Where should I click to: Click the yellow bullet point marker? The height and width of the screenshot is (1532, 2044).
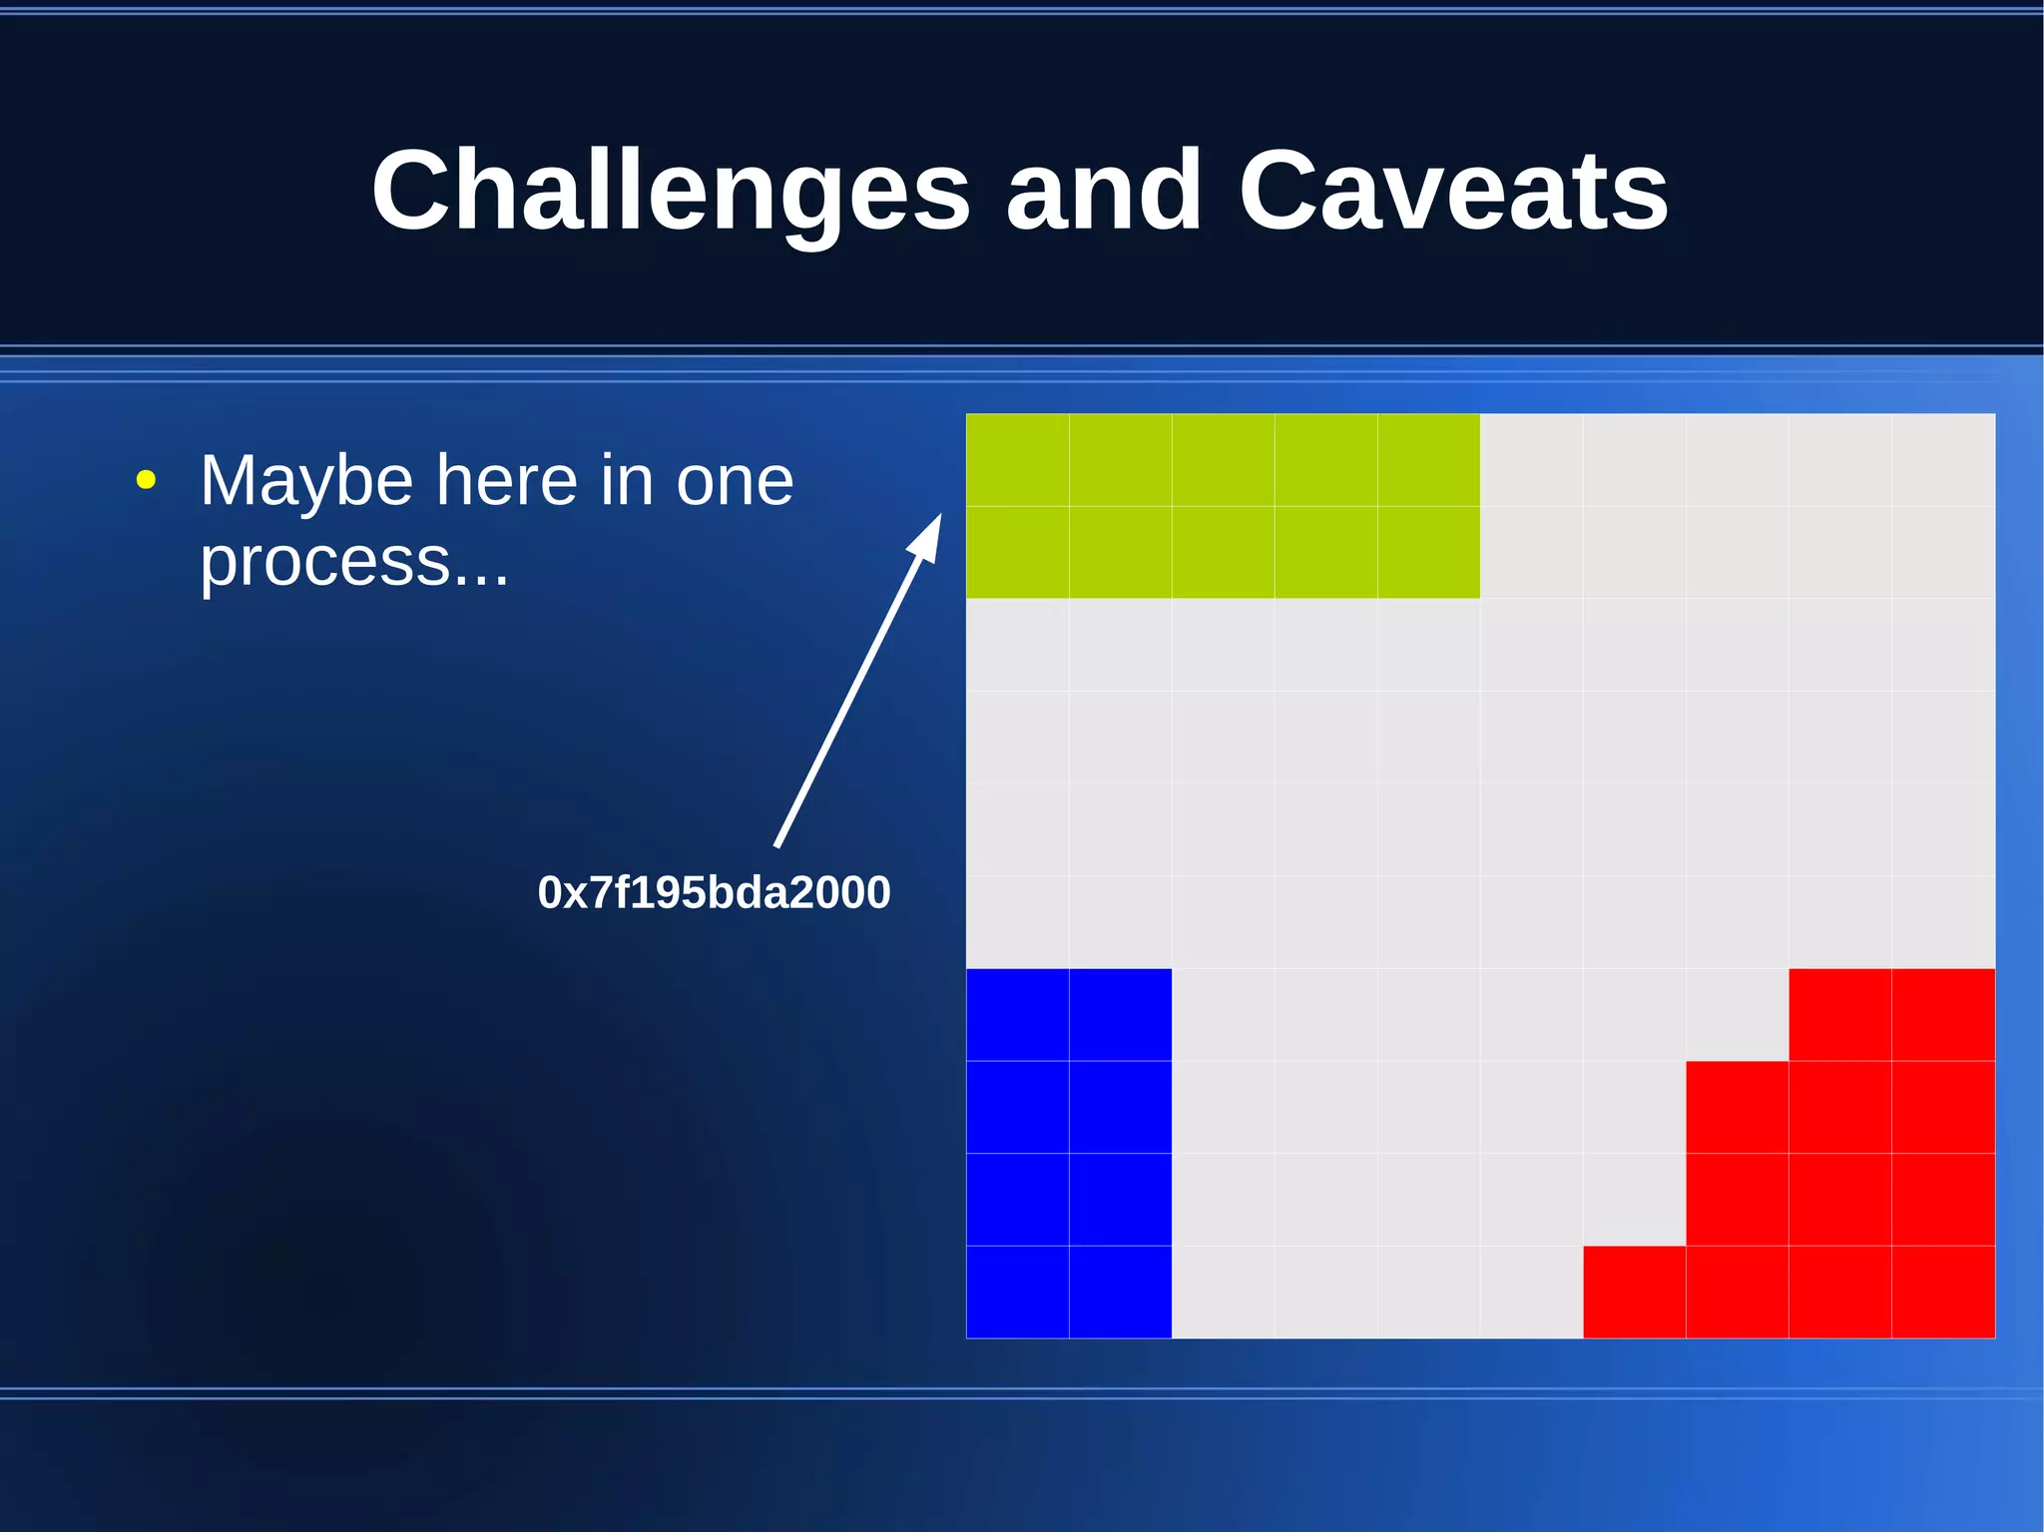tap(146, 481)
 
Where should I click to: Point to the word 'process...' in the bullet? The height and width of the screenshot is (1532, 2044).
tap(354, 561)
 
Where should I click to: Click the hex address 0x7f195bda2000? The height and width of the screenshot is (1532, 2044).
tap(714, 892)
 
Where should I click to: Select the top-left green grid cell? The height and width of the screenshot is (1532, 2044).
tap(1017, 459)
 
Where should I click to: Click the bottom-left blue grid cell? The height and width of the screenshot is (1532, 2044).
tap(1017, 1291)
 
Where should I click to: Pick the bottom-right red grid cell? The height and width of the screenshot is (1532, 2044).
tap(1943, 1291)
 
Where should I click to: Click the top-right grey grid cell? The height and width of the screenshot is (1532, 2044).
tap(1943, 459)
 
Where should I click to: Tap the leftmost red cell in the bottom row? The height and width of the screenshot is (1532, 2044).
tap(1634, 1291)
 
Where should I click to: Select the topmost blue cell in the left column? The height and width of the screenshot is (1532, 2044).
tap(1017, 1014)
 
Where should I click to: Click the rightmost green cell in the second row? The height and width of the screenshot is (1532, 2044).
tap(1428, 552)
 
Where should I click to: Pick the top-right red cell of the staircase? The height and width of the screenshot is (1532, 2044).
tap(1943, 1014)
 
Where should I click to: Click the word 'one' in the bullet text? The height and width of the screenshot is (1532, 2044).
tap(735, 481)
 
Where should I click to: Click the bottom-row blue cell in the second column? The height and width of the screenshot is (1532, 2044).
tap(1120, 1291)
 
